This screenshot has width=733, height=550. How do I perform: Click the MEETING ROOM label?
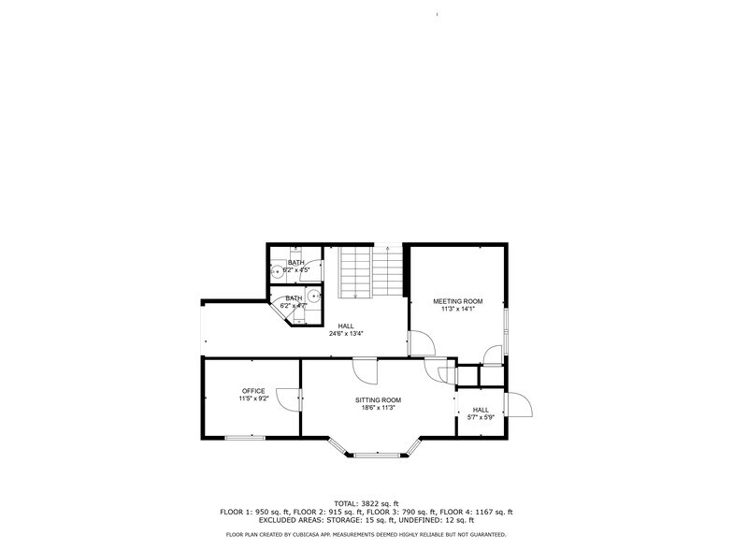[457, 301]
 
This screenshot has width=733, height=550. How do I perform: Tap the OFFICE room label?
[253, 391]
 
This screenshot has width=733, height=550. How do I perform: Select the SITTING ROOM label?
[378, 399]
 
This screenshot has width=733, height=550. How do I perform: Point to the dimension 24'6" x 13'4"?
[346, 333]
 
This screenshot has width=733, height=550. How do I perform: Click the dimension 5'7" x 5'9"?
[480, 417]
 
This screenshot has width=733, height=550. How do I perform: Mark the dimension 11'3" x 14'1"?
[457, 309]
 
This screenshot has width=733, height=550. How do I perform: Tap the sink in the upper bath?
[278, 271]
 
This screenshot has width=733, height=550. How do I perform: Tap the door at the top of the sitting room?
[366, 371]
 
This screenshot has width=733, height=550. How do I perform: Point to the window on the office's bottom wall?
[244, 437]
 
